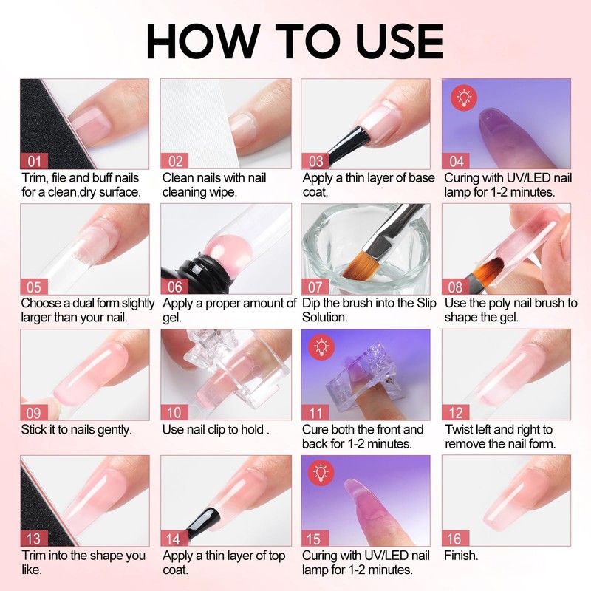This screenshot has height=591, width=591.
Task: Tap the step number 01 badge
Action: click(x=34, y=161)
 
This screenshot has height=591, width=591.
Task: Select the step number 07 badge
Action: click(x=315, y=287)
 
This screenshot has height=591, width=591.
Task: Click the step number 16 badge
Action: click(x=455, y=539)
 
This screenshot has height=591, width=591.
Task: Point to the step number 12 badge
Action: click(x=456, y=413)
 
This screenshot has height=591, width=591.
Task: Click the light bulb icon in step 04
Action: click(x=464, y=98)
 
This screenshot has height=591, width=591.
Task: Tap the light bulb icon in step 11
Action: click(x=321, y=347)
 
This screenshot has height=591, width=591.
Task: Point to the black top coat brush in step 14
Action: click(x=202, y=523)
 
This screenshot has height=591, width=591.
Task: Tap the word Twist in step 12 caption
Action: click(x=459, y=430)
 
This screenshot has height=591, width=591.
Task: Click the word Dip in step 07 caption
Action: click(x=310, y=304)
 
